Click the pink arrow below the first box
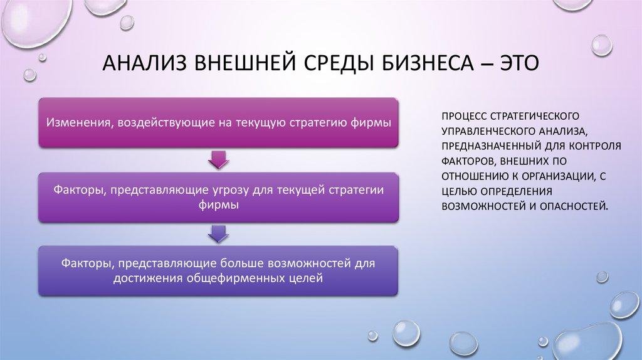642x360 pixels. tap(218, 160)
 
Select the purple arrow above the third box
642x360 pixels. tap(218, 234)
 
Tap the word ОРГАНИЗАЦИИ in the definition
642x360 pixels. tap(552, 175)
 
